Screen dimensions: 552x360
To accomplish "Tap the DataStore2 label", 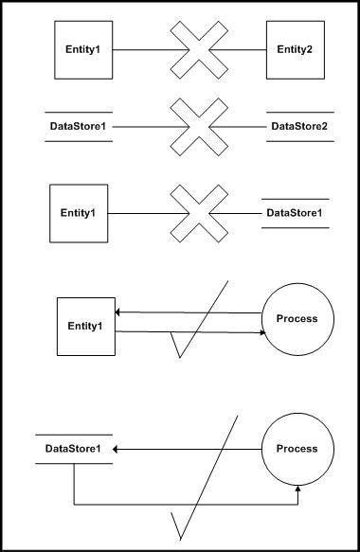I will [299, 126].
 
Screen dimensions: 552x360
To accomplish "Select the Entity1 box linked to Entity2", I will [83, 48].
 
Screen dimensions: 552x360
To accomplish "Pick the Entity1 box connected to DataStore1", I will [78, 212].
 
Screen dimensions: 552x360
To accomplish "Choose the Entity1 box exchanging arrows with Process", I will [84, 326].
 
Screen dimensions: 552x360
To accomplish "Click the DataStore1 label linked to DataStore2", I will [79, 126].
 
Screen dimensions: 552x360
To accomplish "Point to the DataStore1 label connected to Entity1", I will [295, 212].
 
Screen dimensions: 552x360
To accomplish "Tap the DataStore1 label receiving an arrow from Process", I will [74, 448].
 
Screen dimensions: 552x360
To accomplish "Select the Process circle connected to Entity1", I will [297, 318].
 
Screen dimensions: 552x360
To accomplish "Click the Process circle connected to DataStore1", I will [297, 448].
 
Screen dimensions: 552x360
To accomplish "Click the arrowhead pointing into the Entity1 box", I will [117, 312].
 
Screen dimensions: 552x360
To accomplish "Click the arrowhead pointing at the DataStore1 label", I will [118, 448].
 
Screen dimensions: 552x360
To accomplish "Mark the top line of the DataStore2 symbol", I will [299, 111].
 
